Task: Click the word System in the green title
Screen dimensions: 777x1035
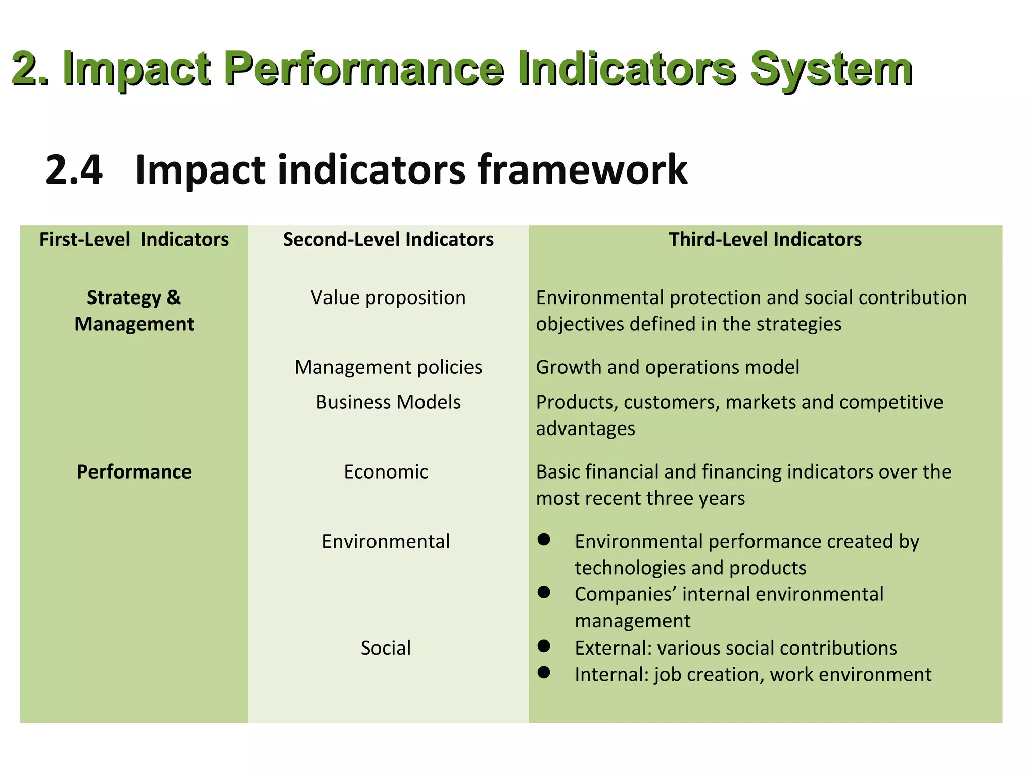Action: tap(831, 70)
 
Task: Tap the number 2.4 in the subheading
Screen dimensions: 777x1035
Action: tap(74, 170)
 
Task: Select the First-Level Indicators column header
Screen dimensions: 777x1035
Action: tap(134, 239)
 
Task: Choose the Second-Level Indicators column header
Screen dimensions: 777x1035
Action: tap(388, 239)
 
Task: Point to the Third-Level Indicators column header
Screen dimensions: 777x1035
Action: tap(765, 239)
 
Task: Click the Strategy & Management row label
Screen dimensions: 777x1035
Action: tap(134, 311)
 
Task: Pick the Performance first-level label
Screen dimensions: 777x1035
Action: tap(134, 471)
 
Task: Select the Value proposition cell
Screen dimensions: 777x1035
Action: tap(388, 297)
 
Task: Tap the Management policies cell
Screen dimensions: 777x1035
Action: tap(388, 367)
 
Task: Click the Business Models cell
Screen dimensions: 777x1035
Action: tap(388, 402)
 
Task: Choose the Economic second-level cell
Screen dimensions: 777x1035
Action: tap(386, 471)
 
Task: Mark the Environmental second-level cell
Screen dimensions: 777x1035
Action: tap(386, 541)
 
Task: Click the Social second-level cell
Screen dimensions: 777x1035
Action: tap(386, 648)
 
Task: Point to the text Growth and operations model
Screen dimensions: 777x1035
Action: tap(667, 367)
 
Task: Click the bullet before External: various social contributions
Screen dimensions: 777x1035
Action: tap(544, 646)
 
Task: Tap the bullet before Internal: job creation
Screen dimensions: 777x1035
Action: tap(544, 672)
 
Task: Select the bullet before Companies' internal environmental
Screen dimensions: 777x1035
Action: tap(544, 592)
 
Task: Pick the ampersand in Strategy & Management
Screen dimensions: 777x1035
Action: tap(173, 297)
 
